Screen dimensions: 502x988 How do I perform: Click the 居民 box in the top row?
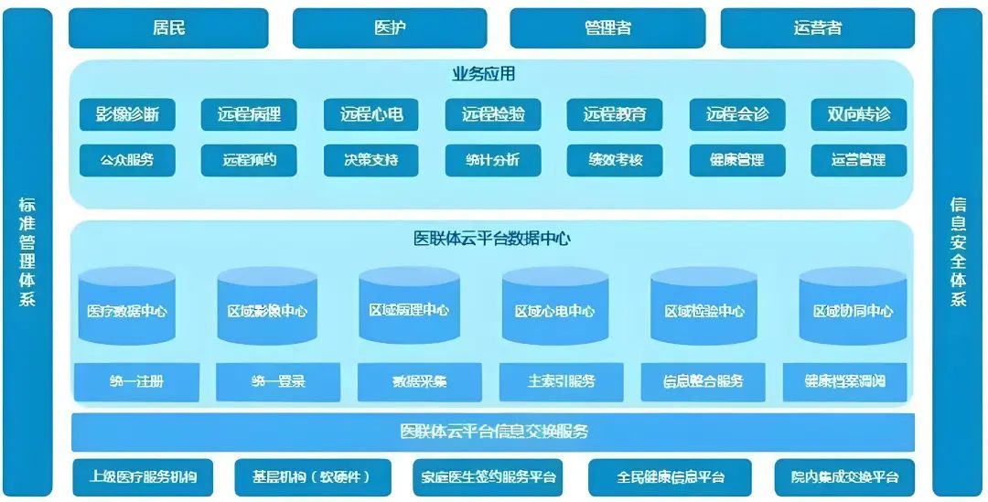pyautogui.click(x=168, y=28)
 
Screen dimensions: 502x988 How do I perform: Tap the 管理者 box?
pyautogui.click(x=607, y=28)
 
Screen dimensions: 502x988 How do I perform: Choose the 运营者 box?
pyautogui.click(x=817, y=28)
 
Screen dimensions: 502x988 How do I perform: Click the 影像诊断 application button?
pyautogui.click(x=127, y=115)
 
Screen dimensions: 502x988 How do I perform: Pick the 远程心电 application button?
pyautogui.click(x=371, y=115)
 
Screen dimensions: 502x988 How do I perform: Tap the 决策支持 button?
pyautogui.click(x=371, y=160)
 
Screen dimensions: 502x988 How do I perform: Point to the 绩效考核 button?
pyautogui.click(x=615, y=160)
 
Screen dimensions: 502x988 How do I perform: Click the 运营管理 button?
pyautogui.click(x=858, y=160)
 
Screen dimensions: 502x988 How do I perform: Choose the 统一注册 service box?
pyautogui.click(x=136, y=381)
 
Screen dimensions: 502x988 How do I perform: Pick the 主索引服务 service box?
pyautogui.click(x=561, y=381)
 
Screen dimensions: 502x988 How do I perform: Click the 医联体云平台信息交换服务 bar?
pyautogui.click(x=493, y=432)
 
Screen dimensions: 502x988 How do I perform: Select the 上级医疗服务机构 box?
pyautogui.click(x=143, y=477)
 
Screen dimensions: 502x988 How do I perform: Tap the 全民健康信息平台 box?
pyautogui.click(x=670, y=477)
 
